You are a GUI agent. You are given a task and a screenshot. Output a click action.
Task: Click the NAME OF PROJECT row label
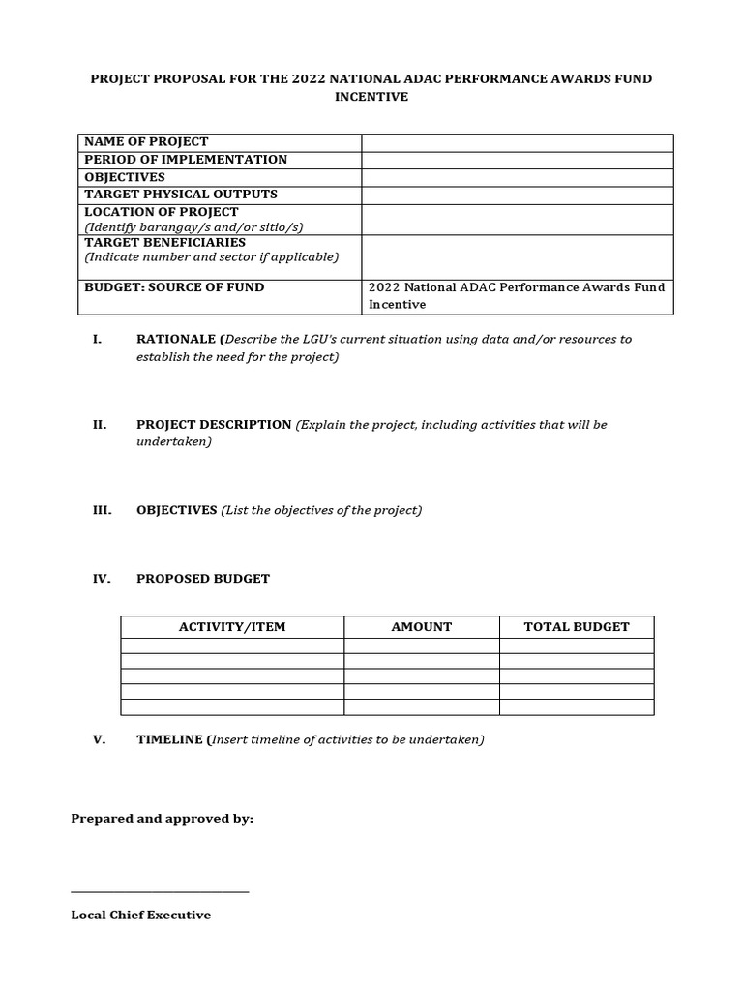(146, 142)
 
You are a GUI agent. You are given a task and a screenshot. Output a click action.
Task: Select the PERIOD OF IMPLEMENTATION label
(186, 160)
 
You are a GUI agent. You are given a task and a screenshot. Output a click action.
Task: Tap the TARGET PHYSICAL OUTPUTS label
(181, 195)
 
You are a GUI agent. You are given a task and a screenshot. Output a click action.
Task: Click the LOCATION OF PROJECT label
(162, 212)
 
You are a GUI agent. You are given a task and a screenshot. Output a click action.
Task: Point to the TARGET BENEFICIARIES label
(165, 242)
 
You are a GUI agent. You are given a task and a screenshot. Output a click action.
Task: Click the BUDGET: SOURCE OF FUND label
(174, 287)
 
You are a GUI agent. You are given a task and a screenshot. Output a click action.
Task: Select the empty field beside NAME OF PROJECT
(518, 142)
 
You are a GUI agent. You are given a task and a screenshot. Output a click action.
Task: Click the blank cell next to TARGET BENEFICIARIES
(518, 256)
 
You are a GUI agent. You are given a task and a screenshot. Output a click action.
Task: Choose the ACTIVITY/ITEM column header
(232, 627)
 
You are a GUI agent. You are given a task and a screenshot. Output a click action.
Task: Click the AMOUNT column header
(422, 627)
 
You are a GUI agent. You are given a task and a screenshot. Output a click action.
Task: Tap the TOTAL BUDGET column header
(577, 627)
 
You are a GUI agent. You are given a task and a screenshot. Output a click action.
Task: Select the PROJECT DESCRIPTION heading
(214, 425)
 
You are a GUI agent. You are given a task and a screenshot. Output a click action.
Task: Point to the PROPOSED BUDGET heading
(203, 579)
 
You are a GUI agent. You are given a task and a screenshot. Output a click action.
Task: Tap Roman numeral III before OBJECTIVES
(102, 510)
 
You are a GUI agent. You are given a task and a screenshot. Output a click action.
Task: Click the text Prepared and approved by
(163, 819)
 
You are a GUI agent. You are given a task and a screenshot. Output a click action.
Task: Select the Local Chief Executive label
(141, 915)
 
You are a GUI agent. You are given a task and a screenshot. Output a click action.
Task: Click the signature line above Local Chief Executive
(160, 891)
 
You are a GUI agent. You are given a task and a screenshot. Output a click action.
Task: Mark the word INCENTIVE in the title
(371, 98)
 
